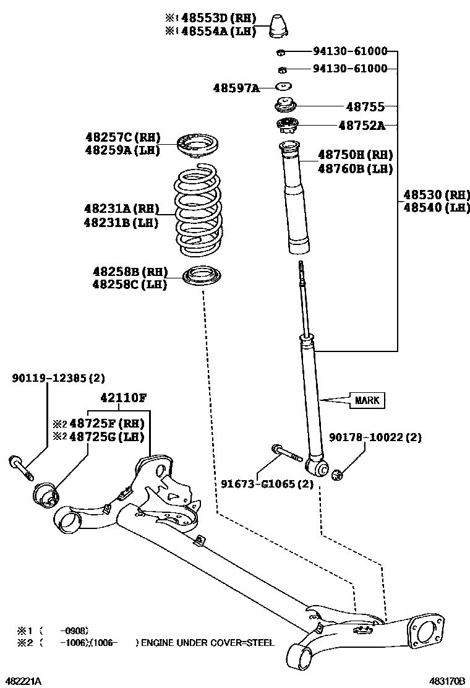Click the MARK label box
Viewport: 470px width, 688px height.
(367, 400)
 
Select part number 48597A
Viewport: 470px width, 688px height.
(237, 88)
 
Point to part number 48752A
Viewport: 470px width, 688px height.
(361, 126)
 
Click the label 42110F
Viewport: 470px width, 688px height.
(124, 397)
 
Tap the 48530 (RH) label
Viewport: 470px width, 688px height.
(437, 194)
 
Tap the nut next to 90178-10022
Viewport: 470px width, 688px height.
(338, 475)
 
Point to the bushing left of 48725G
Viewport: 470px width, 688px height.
(45, 493)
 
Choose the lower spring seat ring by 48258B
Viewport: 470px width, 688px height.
(203, 276)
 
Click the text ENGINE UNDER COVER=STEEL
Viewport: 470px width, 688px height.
(208, 643)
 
